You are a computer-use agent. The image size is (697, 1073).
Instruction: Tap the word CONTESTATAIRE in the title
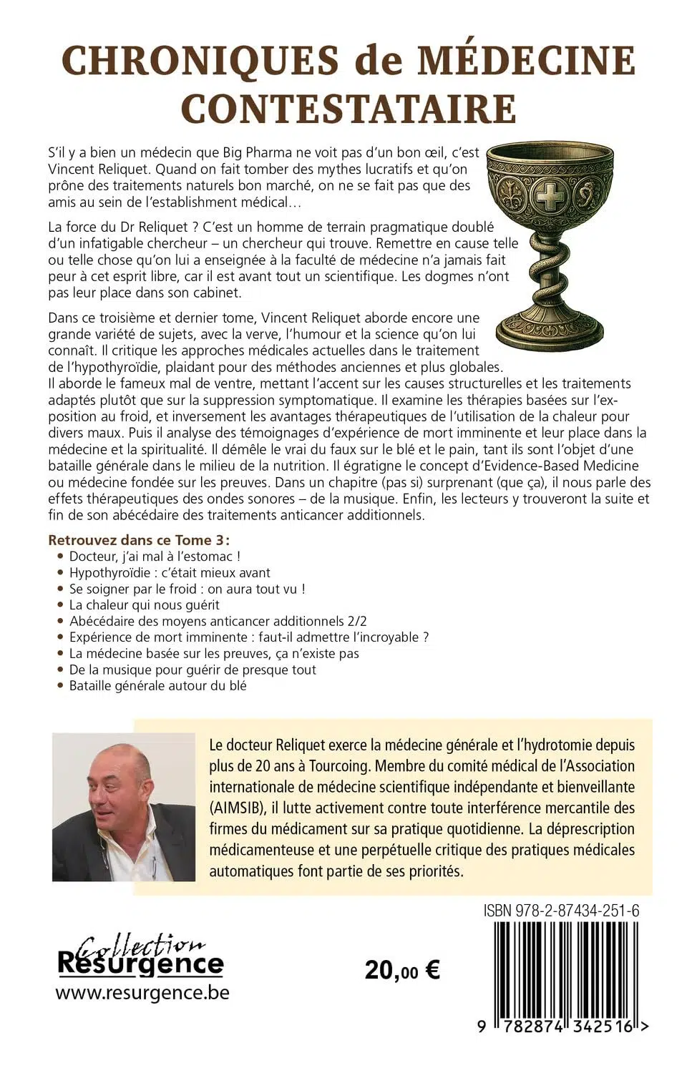[348, 108]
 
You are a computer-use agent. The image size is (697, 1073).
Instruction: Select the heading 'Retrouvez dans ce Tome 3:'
[142, 540]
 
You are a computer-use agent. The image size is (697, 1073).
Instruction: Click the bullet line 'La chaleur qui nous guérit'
[144, 604]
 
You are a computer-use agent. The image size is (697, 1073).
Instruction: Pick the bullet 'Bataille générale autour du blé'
[157, 685]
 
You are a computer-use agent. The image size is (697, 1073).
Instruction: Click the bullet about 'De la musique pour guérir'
[192, 670]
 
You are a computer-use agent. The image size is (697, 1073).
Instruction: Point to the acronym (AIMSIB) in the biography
[240, 808]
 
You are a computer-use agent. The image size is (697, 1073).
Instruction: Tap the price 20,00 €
[402, 970]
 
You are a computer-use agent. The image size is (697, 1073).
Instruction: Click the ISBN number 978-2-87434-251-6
[561, 911]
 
